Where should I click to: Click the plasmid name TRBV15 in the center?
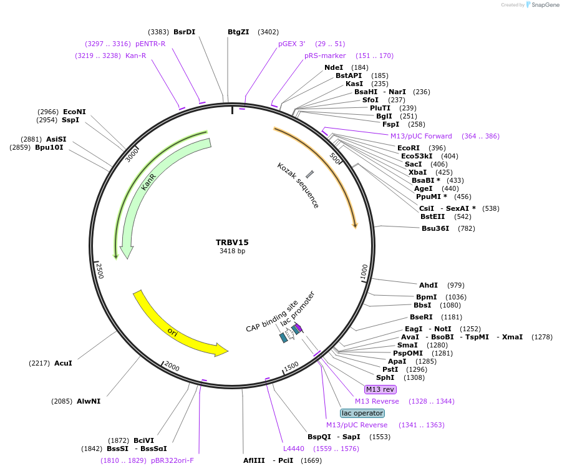pyautogui.click(x=232, y=242)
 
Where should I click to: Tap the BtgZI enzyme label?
pyautogui.click(x=238, y=32)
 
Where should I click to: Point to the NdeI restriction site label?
pyautogui.click(x=334, y=67)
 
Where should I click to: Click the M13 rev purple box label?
pyautogui.click(x=380, y=389)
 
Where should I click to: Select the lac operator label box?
pyautogui.click(x=362, y=413)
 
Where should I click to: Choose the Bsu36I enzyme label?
pyautogui.click(x=435, y=228)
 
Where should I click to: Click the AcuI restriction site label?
pyautogui.click(x=63, y=362)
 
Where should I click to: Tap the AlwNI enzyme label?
pyautogui.click(x=88, y=401)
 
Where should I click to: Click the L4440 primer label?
pyautogui.click(x=294, y=448)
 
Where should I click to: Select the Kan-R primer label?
pyautogui.click(x=135, y=56)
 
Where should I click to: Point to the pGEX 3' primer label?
pyautogui.click(x=292, y=44)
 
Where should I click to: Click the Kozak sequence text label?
pyautogui.click(x=298, y=185)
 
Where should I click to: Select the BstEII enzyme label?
pyautogui.click(x=433, y=216)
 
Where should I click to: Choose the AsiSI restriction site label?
pyautogui.click(x=56, y=139)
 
